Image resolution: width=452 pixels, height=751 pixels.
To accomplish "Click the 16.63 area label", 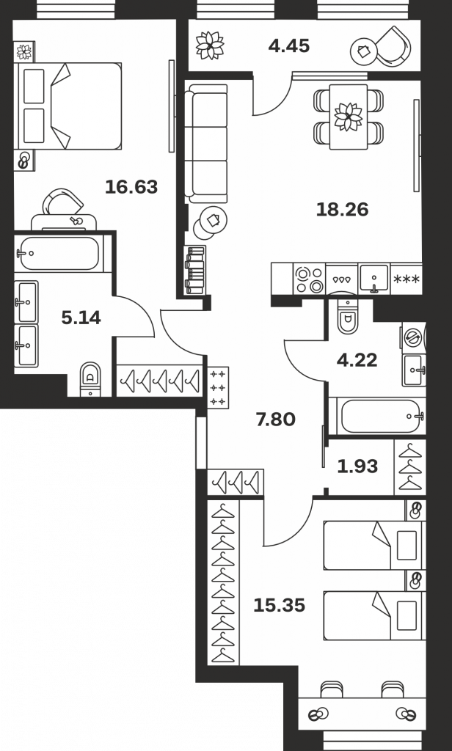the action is pyautogui.click(x=131, y=187).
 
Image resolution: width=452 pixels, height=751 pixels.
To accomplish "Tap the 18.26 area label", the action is pyautogui.click(x=342, y=209).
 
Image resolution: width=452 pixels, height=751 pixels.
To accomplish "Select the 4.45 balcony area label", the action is pyautogui.click(x=289, y=46).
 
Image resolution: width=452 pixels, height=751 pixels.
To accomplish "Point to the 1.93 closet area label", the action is pyautogui.click(x=357, y=466).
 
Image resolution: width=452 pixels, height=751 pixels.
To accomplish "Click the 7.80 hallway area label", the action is pyautogui.click(x=276, y=420).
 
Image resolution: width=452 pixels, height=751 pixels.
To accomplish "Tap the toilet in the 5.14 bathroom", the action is pyautogui.click(x=90, y=379).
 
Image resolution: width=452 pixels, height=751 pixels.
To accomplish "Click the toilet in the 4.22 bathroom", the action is pyautogui.click(x=347, y=315).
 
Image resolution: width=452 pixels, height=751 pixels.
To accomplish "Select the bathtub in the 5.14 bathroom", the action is pyautogui.click(x=59, y=253).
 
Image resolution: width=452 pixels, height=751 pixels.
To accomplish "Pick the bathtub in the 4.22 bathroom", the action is pyautogui.click(x=382, y=416).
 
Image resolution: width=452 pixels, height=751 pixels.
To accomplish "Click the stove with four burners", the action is pyautogui.click(x=309, y=279).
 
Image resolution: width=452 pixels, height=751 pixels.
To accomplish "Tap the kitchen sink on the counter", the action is pyautogui.click(x=374, y=279).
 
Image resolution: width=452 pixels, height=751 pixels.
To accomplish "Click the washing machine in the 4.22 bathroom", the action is pyautogui.click(x=413, y=337).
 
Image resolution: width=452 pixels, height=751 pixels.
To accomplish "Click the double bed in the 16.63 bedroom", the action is pyautogui.click(x=70, y=106).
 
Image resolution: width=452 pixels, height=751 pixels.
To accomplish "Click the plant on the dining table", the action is pyautogui.click(x=349, y=117).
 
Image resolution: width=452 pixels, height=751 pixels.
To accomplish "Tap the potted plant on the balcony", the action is pyautogui.click(x=210, y=45).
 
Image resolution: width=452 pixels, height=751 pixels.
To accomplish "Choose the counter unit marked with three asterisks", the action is pyautogui.click(x=407, y=279).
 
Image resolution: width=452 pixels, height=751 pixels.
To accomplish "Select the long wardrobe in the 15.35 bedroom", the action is pyautogui.click(x=223, y=582).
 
